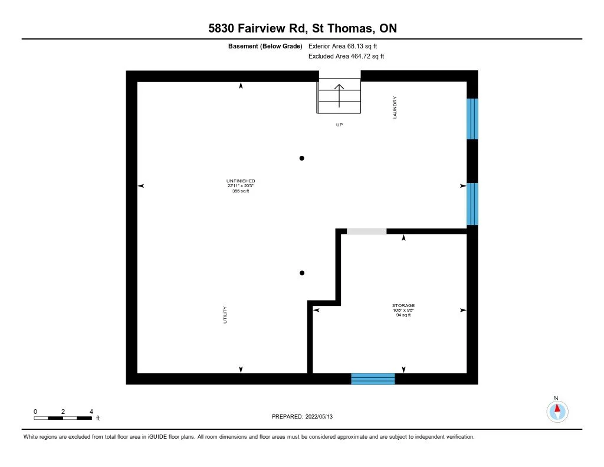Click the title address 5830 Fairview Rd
[301, 29]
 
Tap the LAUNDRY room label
[395, 107]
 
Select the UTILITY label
[225, 314]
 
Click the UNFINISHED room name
[241, 181]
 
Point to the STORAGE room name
[403, 305]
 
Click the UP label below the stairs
[339, 125]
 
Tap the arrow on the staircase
[339, 95]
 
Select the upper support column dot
[302, 158]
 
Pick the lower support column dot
[302, 273]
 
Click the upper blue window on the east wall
[472, 119]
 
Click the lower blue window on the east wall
[472, 204]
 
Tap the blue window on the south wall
[373, 379]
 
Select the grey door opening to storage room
[366, 231]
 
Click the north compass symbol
[557, 410]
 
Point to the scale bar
[63, 418]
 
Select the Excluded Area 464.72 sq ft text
[346, 57]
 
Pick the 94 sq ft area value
[403, 315]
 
